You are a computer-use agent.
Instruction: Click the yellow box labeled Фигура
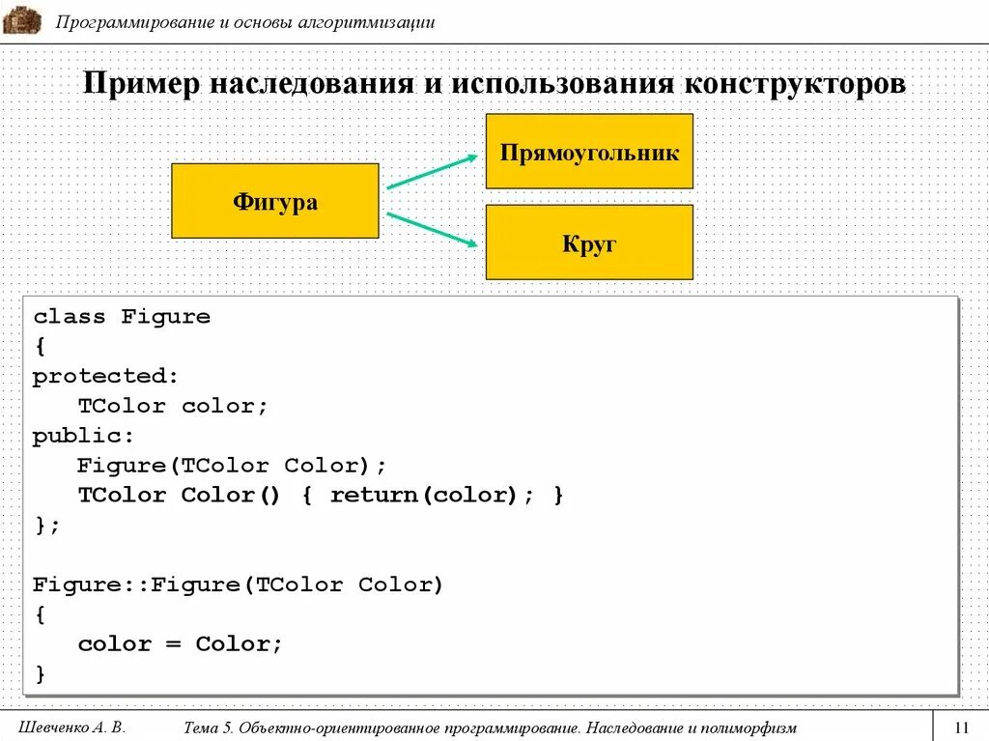(x=274, y=201)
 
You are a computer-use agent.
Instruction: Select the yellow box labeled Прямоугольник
(x=589, y=152)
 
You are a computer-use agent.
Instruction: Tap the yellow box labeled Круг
(x=589, y=242)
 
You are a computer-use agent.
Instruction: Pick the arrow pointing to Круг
(x=432, y=230)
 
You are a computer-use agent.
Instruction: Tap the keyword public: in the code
(x=84, y=436)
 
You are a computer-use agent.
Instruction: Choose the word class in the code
(x=70, y=317)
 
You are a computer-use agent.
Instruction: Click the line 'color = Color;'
(x=181, y=644)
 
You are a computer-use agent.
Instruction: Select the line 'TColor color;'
(x=173, y=406)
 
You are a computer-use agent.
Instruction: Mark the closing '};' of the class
(x=46, y=526)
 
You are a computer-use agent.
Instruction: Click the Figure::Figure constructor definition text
(x=238, y=585)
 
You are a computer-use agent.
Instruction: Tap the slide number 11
(x=961, y=727)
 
